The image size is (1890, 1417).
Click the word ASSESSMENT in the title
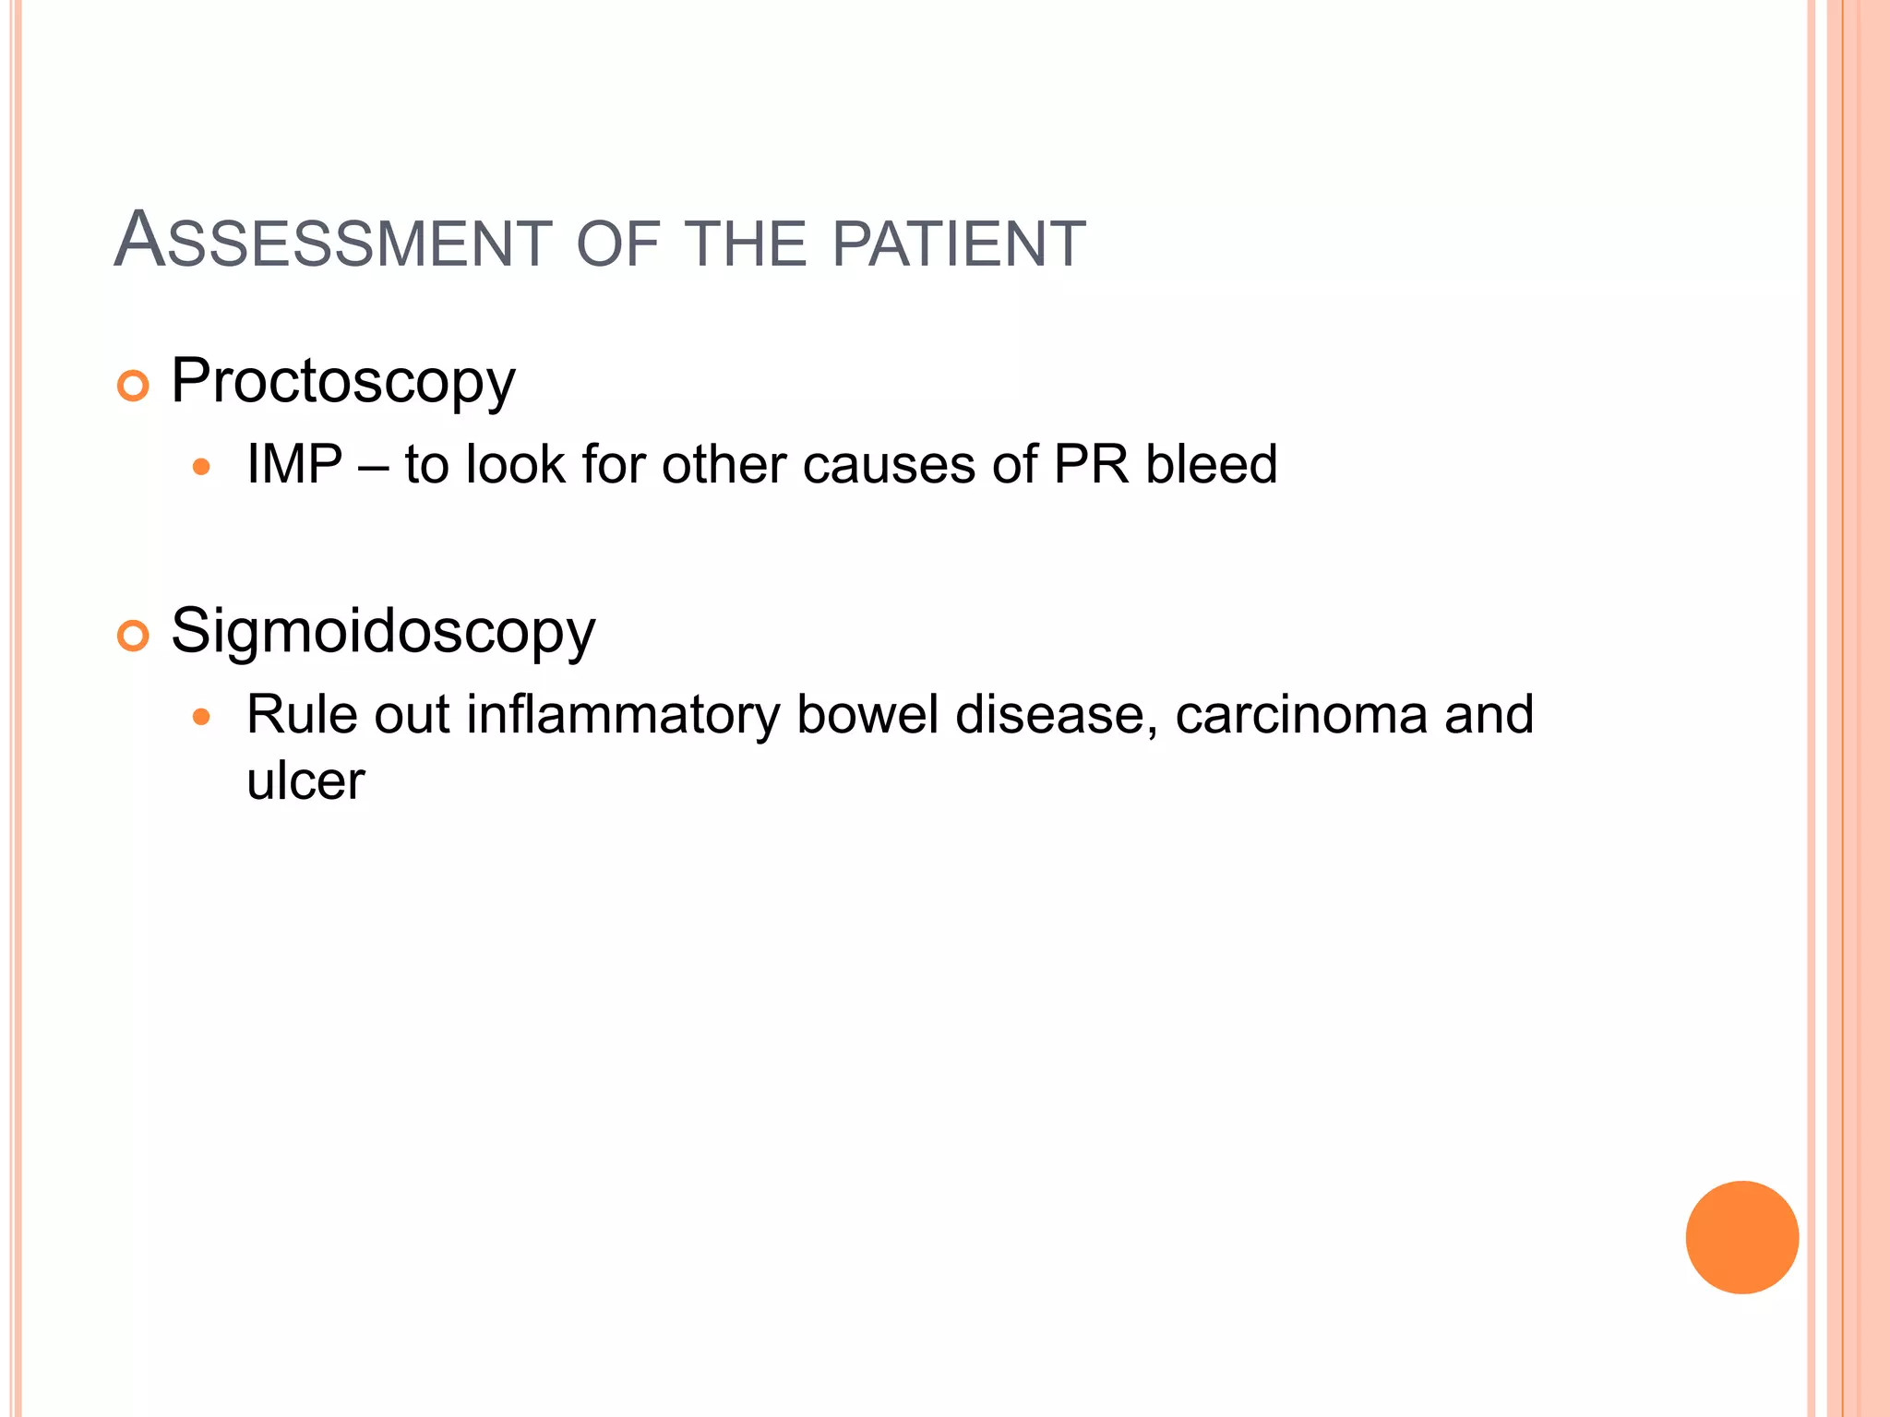click(332, 242)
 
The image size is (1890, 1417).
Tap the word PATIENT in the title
click(959, 244)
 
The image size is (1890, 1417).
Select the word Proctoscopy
click(342, 382)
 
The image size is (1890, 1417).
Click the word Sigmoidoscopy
click(383, 633)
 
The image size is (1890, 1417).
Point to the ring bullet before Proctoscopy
click(134, 386)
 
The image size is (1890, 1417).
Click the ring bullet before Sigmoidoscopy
click(134, 636)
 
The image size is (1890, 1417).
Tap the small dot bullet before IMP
click(201, 468)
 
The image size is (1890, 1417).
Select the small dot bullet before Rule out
click(201, 717)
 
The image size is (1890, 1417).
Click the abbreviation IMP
click(294, 464)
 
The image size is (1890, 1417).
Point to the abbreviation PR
click(1091, 464)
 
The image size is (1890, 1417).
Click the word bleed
click(1211, 464)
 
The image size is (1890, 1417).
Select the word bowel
click(867, 715)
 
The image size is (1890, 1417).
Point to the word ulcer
click(305, 781)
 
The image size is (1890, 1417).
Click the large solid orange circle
click(1741, 1237)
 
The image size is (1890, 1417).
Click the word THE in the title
click(748, 244)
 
